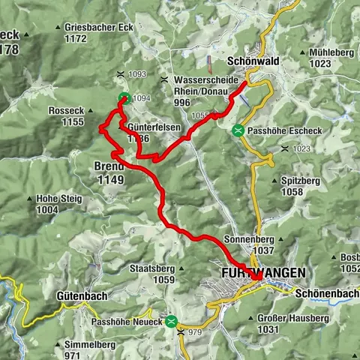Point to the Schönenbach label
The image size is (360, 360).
coord(327,292)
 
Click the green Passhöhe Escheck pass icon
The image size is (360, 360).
coord(238,130)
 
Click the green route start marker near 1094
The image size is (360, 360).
coord(124,97)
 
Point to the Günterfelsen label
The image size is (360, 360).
coord(154,127)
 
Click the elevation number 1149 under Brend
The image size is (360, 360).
coord(109,179)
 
